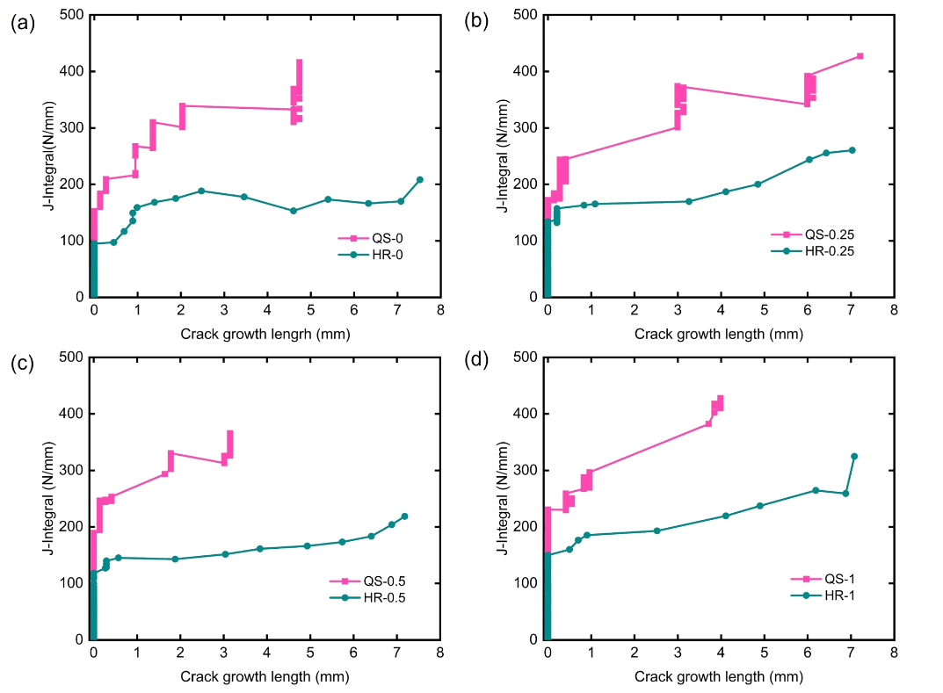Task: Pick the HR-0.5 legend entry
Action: (x=378, y=598)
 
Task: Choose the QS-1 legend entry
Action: (x=835, y=578)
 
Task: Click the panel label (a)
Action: (x=22, y=24)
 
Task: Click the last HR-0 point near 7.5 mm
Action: (x=420, y=180)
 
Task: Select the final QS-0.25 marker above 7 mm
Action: (x=860, y=56)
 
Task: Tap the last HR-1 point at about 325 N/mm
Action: (x=854, y=456)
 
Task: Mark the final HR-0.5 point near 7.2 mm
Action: (x=404, y=516)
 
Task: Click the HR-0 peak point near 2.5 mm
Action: (x=201, y=191)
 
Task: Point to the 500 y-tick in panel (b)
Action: (x=526, y=15)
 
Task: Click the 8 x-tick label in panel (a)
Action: (x=440, y=311)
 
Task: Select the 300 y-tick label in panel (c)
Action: (x=71, y=470)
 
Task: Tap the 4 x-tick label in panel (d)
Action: (x=721, y=653)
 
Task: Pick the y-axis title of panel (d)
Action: (x=502, y=497)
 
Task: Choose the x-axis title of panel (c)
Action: (x=265, y=676)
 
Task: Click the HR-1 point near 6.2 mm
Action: (x=816, y=490)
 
